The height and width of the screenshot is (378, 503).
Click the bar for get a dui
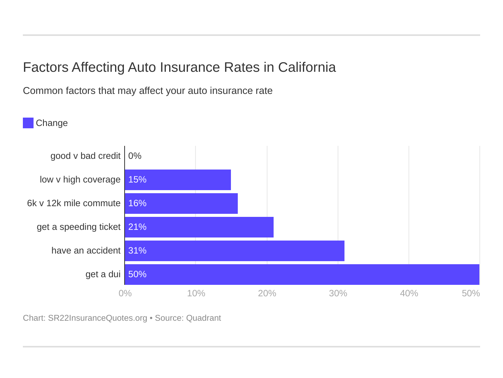point(302,274)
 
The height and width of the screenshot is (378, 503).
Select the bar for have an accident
point(234,250)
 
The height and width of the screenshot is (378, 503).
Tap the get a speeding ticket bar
point(199,227)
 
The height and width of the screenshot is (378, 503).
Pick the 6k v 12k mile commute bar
point(181,203)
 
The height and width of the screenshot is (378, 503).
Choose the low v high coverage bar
point(178,179)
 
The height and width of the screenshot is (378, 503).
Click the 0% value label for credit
point(135,156)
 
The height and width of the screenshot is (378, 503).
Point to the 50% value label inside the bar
point(137,274)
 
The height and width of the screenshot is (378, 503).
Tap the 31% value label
point(137,250)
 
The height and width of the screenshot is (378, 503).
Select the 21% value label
point(137,227)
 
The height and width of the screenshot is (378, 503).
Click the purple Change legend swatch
point(28,123)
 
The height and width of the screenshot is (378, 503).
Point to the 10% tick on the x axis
point(196,293)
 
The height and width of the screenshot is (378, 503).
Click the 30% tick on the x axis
point(338,293)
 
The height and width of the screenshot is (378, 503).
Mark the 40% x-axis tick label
point(409,293)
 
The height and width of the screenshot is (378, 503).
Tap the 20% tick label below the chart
point(267,293)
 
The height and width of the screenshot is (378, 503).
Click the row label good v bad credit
point(85,156)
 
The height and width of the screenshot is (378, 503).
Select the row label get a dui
point(103,274)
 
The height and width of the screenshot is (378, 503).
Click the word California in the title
point(307,67)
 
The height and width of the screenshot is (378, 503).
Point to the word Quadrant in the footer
point(203,318)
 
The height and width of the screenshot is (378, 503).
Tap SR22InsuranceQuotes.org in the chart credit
point(98,318)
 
